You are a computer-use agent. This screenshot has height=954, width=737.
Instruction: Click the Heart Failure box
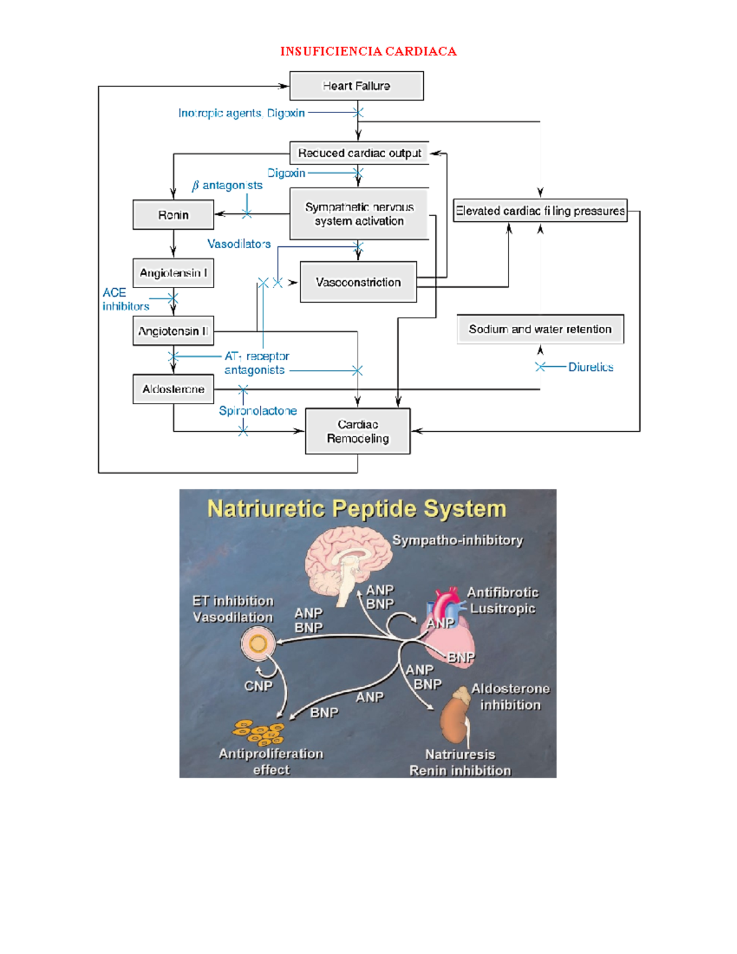(x=356, y=86)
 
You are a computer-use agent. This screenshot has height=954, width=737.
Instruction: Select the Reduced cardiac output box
(x=359, y=153)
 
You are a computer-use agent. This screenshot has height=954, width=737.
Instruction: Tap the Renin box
(x=173, y=215)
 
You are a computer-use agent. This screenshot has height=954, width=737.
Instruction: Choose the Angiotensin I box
(x=173, y=273)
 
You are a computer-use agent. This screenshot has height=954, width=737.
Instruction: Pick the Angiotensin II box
(x=173, y=331)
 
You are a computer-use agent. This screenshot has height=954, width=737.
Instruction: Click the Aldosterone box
(x=173, y=389)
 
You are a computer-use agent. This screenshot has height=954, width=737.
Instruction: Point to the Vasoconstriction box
(x=358, y=282)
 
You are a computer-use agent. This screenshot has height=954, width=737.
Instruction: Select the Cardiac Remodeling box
(x=357, y=431)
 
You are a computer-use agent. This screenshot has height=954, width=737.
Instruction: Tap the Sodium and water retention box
(x=540, y=329)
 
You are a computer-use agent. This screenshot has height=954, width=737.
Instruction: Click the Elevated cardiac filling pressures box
(x=540, y=211)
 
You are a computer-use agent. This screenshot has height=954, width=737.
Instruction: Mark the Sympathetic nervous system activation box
(x=359, y=214)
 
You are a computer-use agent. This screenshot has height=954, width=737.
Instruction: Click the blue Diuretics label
(x=590, y=367)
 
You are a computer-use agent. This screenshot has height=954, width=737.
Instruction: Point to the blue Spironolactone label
(x=258, y=410)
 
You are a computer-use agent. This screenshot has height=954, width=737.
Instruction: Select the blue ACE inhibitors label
(x=125, y=299)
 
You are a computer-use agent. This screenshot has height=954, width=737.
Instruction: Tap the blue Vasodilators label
(x=239, y=244)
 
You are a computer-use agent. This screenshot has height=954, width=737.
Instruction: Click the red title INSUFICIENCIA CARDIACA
(x=368, y=51)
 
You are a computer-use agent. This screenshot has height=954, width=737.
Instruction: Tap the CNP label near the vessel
(x=258, y=686)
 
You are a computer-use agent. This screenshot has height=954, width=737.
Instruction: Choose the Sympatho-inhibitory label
(x=458, y=540)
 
